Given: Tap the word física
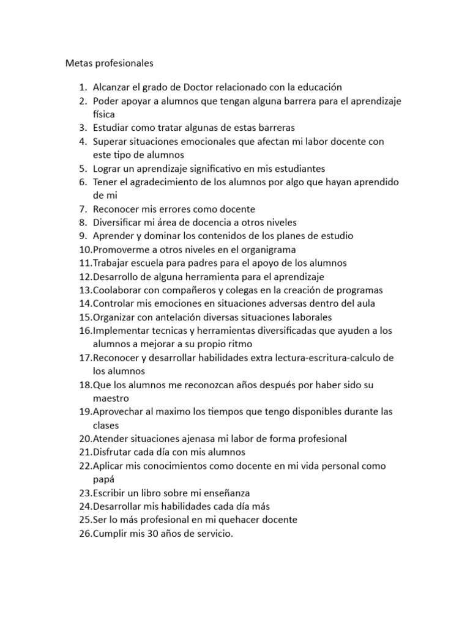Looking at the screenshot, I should coord(104,114).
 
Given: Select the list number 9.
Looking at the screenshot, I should coord(83,236).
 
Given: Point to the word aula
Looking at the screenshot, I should coord(366,303).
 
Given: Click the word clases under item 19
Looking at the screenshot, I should coord(106,425).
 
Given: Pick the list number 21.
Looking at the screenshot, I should coord(84,452).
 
